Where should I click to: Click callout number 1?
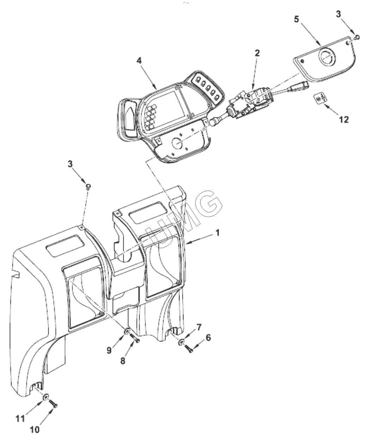point(217,233)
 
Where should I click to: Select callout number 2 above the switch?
point(257,53)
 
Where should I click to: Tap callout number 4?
point(139,61)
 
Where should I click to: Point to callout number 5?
point(297,19)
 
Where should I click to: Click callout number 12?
point(344,120)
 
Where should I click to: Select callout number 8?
point(123,361)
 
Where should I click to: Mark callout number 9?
point(109,351)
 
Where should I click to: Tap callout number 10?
point(35,430)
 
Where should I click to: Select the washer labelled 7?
point(181,342)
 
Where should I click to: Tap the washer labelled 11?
point(46,396)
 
